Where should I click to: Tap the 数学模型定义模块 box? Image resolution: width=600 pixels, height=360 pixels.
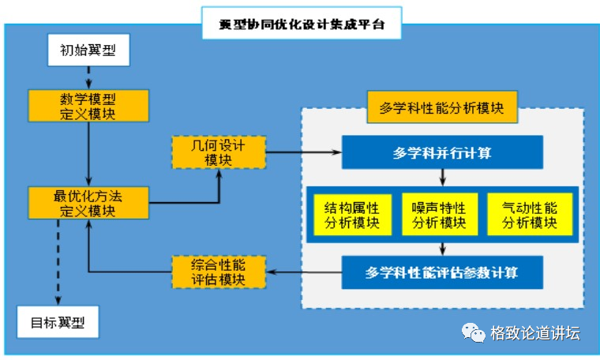88,106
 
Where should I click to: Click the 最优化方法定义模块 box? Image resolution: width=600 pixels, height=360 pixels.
88,202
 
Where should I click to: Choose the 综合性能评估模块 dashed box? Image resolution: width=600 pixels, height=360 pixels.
218,272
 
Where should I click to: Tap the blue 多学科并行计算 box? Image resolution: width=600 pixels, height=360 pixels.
442,152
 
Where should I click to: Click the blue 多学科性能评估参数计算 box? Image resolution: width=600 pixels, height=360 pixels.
442,272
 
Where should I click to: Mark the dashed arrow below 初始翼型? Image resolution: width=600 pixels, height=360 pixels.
88,77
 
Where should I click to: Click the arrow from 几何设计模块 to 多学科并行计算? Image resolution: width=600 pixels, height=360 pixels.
303,152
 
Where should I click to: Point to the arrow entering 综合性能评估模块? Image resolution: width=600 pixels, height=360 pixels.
304,272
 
